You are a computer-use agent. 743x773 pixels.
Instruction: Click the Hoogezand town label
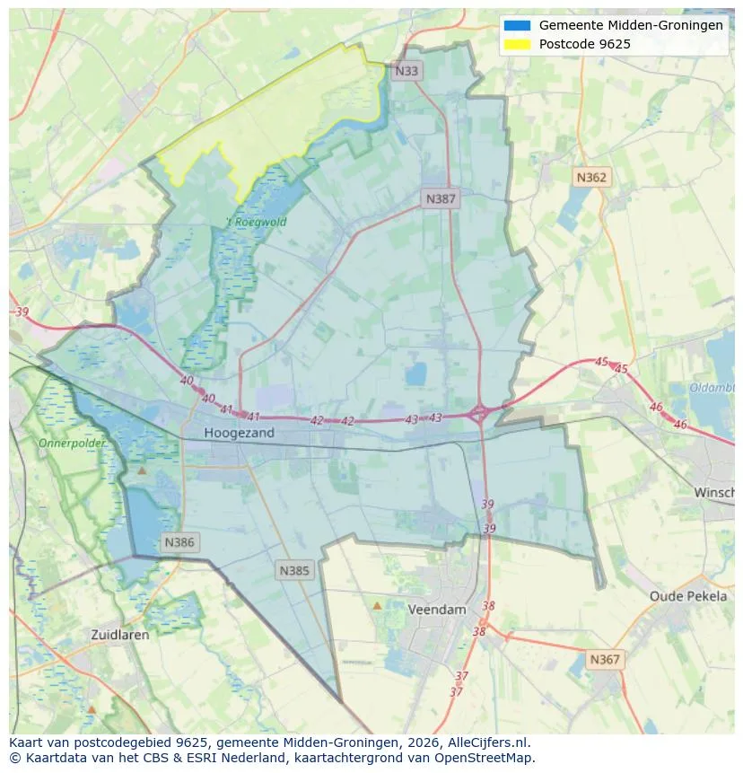(239, 433)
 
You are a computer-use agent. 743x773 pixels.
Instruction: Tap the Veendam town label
(437, 609)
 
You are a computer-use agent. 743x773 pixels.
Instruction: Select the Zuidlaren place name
(120, 634)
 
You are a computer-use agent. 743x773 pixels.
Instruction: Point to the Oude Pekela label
(688, 596)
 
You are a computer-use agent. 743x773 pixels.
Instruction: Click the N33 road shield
(406, 71)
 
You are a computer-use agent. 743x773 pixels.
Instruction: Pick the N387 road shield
(441, 198)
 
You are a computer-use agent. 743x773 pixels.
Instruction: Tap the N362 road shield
(590, 177)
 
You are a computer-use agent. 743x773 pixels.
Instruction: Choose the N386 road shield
(179, 542)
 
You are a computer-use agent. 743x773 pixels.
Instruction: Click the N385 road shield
(294, 570)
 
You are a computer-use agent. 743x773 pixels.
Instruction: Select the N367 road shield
(604, 660)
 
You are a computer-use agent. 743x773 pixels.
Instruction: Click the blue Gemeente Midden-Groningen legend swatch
(518, 25)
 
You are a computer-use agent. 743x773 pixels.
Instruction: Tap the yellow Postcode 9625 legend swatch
(518, 44)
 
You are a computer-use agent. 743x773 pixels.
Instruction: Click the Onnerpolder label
(72, 444)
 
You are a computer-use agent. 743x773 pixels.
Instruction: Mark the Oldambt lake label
(712, 388)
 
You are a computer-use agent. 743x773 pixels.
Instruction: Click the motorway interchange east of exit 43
(479, 413)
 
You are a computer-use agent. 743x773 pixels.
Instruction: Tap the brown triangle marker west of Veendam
(377, 606)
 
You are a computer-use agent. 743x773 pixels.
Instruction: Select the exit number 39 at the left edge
(22, 312)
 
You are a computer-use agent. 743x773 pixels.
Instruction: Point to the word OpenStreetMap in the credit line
(486, 758)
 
